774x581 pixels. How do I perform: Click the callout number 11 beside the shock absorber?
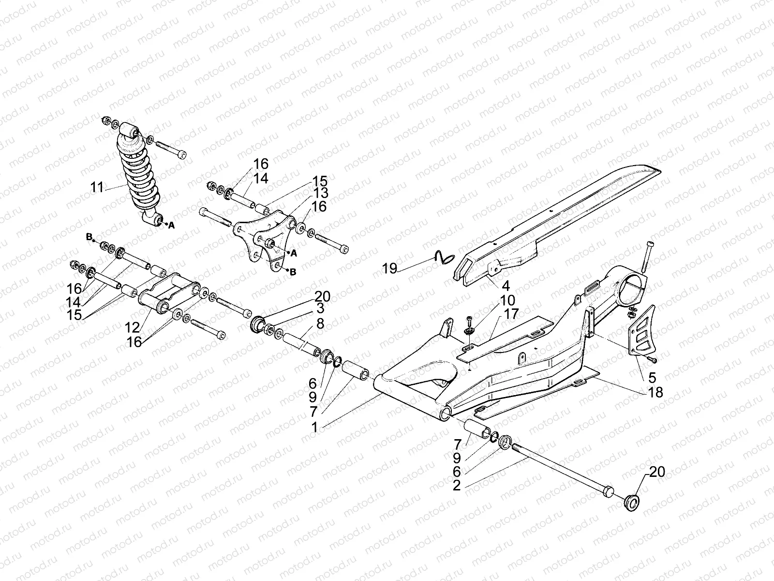pos(97,187)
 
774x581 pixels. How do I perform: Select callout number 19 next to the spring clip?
pos(390,268)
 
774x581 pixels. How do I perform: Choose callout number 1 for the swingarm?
pos(314,428)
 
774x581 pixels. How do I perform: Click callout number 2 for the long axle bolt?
pos(457,486)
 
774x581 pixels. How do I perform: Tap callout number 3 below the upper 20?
pos(320,308)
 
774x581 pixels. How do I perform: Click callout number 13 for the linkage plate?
pos(320,193)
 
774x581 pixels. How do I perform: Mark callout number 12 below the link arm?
pos(132,327)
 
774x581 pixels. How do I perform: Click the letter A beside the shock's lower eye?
pos(171,225)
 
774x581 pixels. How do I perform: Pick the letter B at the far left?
pos(89,237)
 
